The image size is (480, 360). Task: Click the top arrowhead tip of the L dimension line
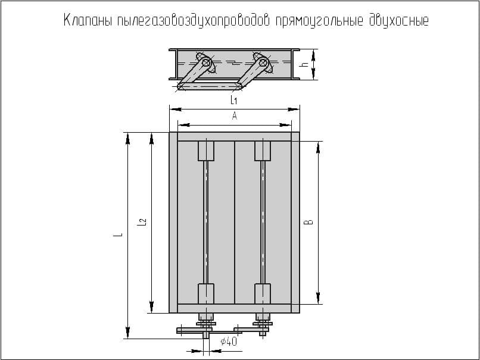[x=128, y=133]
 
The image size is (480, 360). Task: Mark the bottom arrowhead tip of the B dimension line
[x=319, y=304]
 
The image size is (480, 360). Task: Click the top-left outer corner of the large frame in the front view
[x=170, y=133]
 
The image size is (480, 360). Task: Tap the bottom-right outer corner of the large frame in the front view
[x=300, y=313]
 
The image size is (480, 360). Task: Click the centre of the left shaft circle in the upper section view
[x=207, y=64]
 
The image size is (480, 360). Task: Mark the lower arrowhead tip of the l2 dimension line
[x=151, y=313]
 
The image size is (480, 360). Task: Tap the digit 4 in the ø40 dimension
[x=228, y=342]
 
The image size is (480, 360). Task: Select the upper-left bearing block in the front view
[x=206, y=151]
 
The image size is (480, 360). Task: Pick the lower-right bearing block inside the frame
[x=263, y=293]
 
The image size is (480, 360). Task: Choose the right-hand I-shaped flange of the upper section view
[x=296, y=64]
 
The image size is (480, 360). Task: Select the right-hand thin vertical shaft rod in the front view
[x=263, y=223]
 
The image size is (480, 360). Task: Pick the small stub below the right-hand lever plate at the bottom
[x=263, y=334]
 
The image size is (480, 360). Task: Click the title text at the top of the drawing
[x=246, y=20]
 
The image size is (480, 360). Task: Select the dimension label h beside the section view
[x=305, y=64]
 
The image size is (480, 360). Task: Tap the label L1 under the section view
[x=234, y=100]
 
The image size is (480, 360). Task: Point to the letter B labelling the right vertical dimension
[x=310, y=222]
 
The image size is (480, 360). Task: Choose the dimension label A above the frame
[x=235, y=115]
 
